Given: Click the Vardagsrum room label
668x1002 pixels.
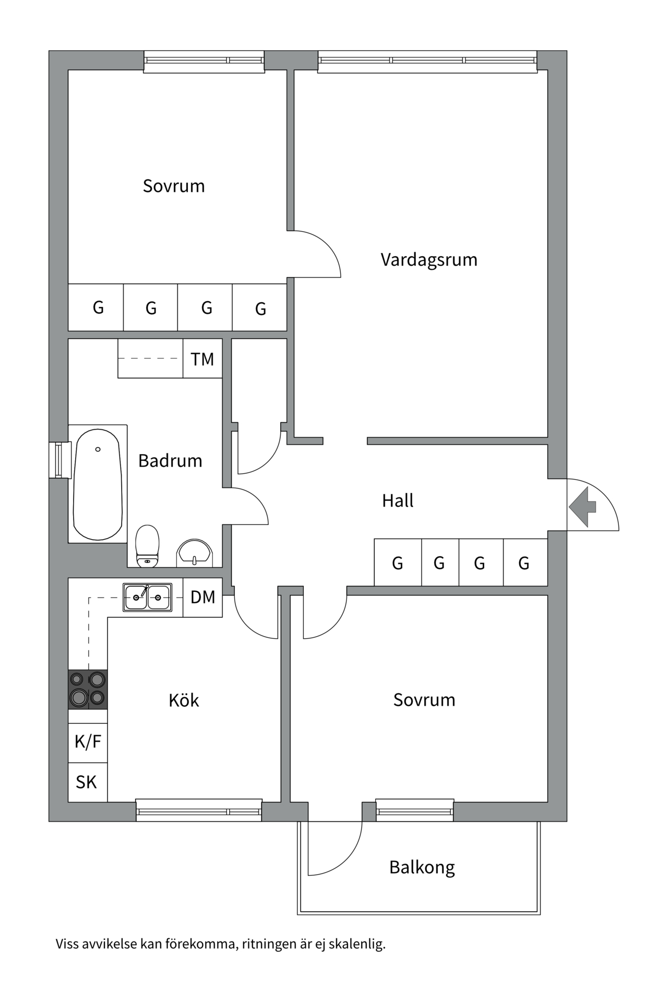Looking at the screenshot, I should pyautogui.click(x=428, y=259).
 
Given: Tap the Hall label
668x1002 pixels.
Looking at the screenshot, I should pyautogui.click(x=398, y=501).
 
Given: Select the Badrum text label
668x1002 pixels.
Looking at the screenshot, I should pyautogui.click(x=170, y=461).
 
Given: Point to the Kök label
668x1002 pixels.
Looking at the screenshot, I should pyautogui.click(x=184, y=700).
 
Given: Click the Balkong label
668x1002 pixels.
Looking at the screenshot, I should pyautogui.click(x=422, y=867).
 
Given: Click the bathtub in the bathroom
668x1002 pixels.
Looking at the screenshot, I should pyautogui.click(x=98, y=484).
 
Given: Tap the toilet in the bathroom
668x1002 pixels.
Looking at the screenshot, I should pyautogui.click(x=147, y=545).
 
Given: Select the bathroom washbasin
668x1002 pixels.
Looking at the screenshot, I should pyautogui.click(x=194, y=552).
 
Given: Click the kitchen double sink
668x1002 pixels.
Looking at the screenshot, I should pyautogui.click(x=147, y=597).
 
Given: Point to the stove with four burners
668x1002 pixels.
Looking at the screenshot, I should pyautogui.click(x=88, y=689).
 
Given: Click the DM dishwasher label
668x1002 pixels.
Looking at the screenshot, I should pyautogui.click(x=202, y=597).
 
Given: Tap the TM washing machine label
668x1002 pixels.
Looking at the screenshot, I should pyautogui.click(x=202, y=359).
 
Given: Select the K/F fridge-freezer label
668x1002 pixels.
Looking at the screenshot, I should pyautogui.click(x=88, y=742).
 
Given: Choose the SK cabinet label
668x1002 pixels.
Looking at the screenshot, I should pyautogui.click(x=87, y=782).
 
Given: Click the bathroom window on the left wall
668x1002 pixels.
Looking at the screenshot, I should pyautogui.click(x=59, y=460).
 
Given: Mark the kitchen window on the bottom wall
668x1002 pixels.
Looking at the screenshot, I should pyautogui.click(x=198, y=811).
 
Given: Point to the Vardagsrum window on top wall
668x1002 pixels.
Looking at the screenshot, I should pyautogui.click(x=427, y=61).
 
